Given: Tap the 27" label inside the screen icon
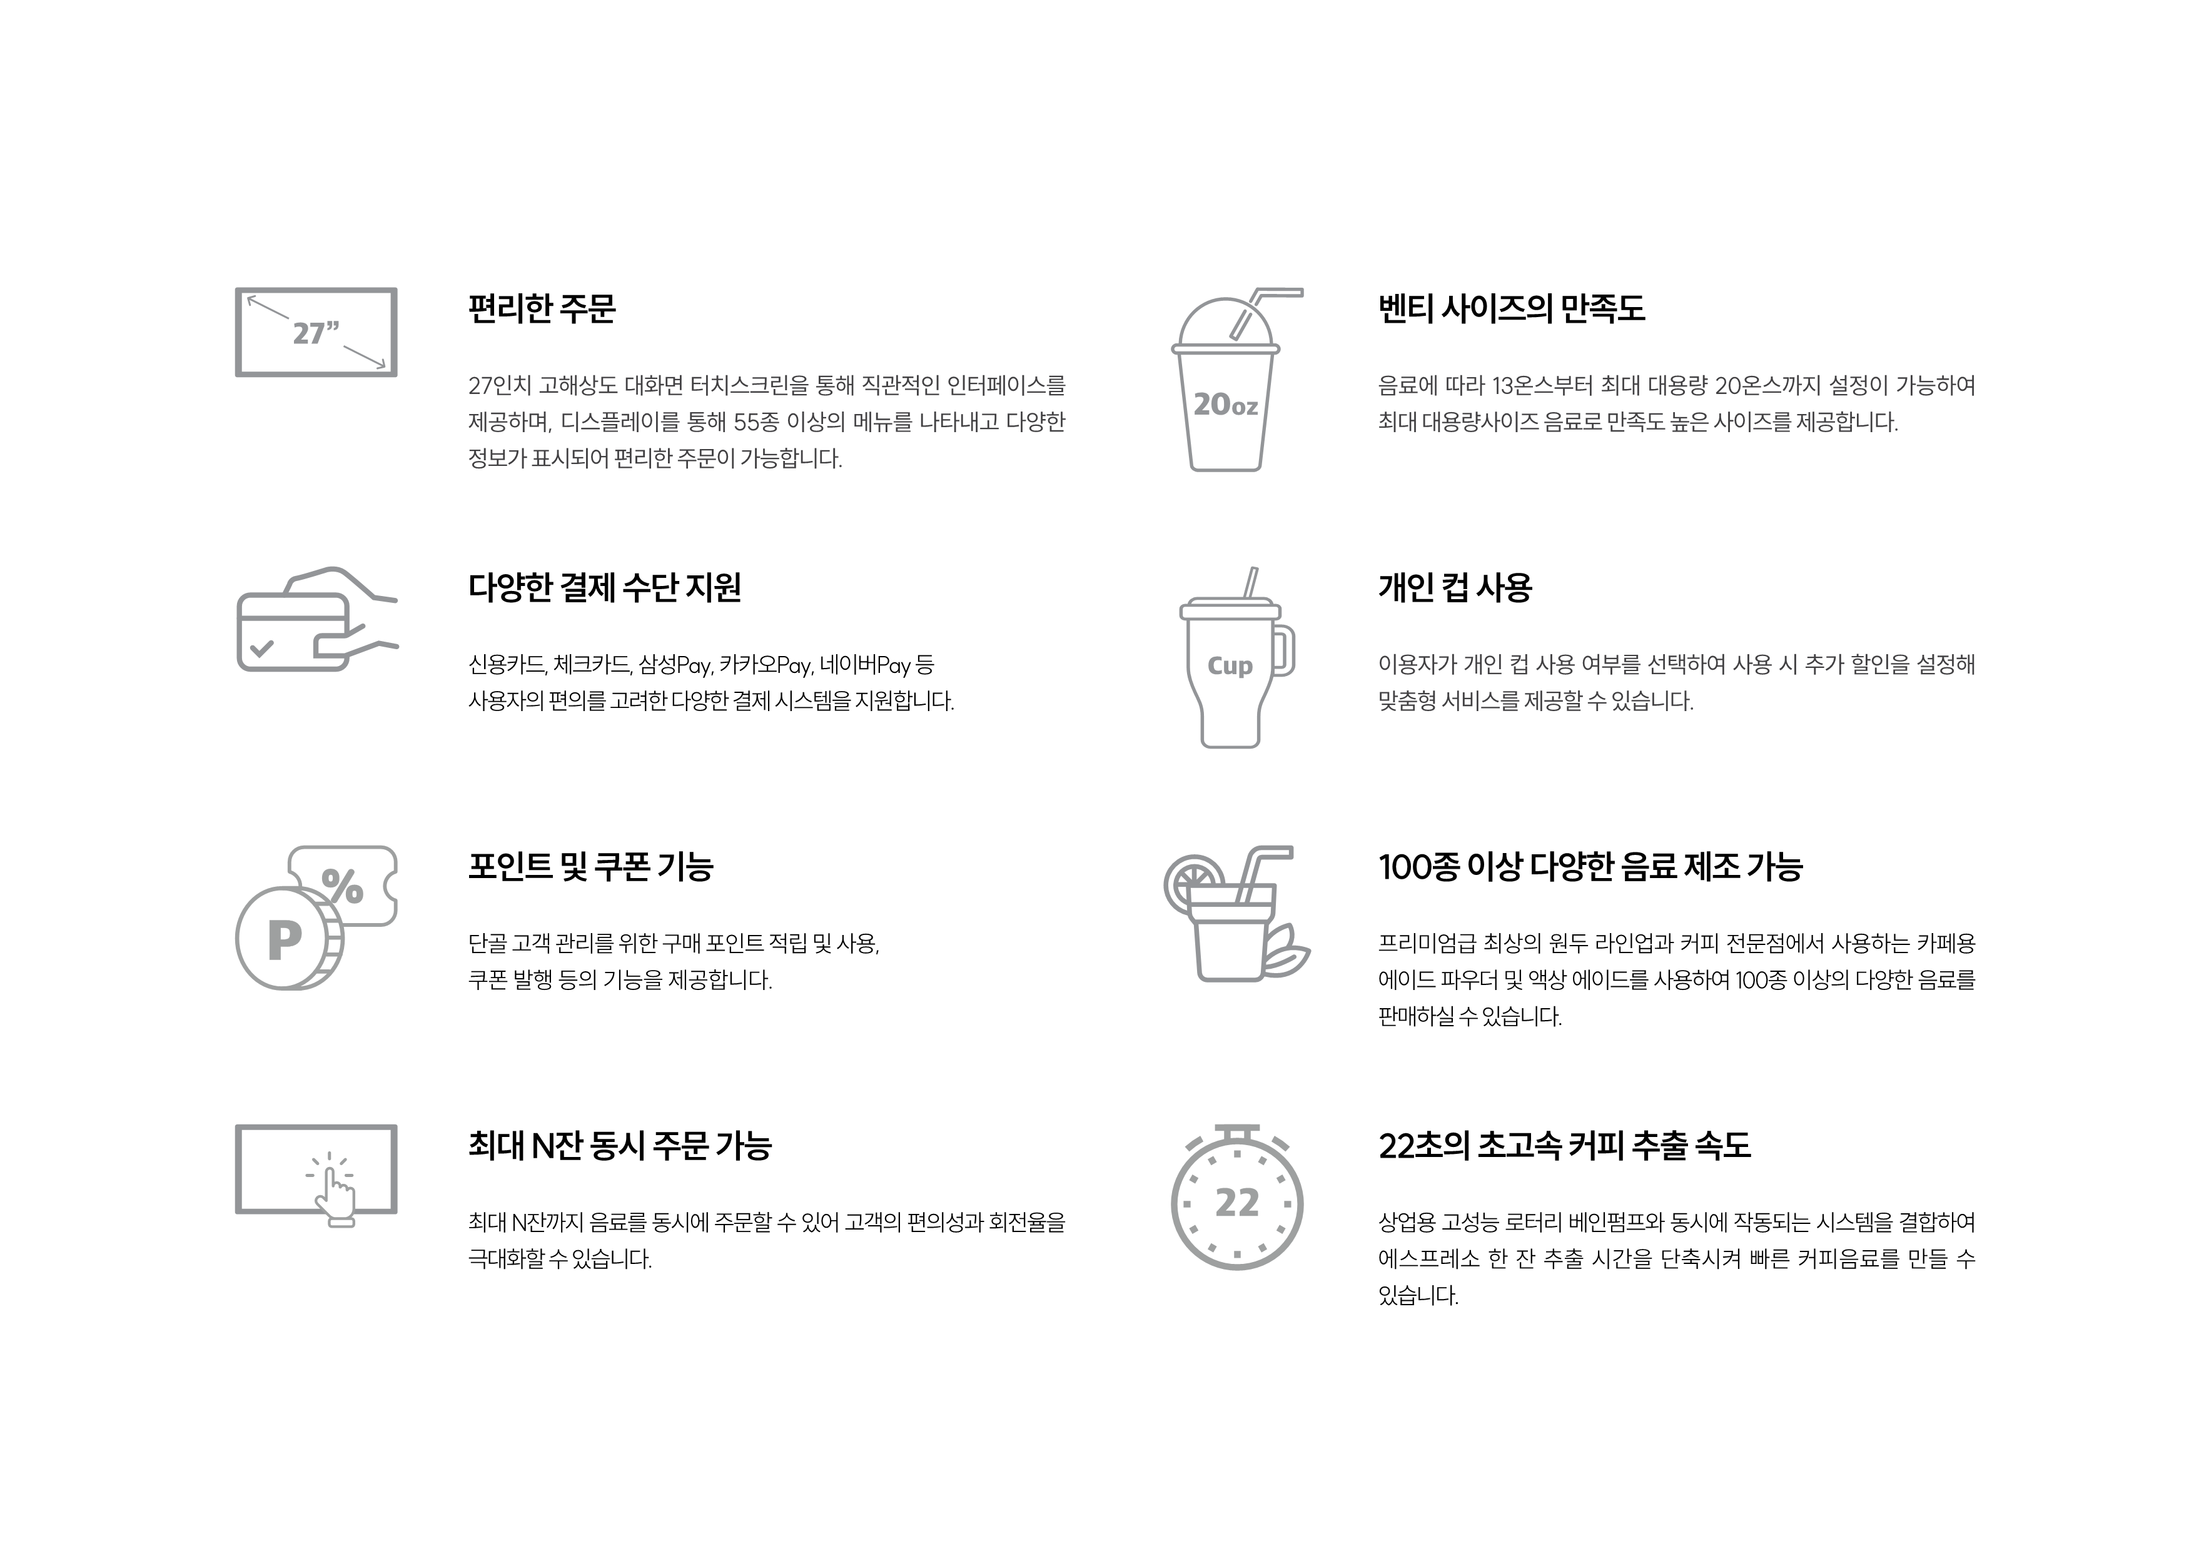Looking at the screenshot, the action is (x=316, y=333).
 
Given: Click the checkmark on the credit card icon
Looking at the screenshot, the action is (x=261, y=649).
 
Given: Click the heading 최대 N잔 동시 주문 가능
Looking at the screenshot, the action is (x=619, y=1146).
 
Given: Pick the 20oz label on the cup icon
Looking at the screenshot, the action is (x=1225, y=405).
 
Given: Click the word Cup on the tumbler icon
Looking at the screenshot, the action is (x=1230, y=666).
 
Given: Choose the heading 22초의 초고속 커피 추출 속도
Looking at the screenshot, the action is (x=1564, y=1146).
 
